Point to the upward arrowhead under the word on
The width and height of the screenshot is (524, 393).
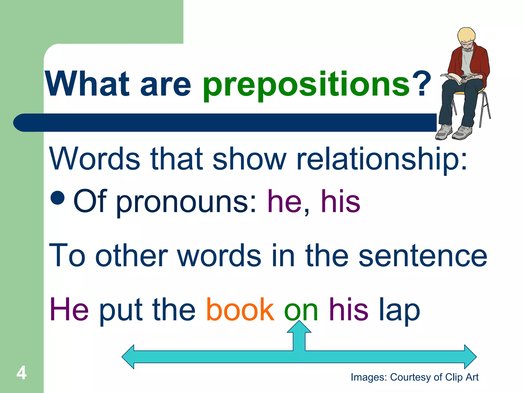coord(299,327)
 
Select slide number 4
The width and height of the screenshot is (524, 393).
coord(21,373)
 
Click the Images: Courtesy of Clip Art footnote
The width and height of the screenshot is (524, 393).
coord(414,377)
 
